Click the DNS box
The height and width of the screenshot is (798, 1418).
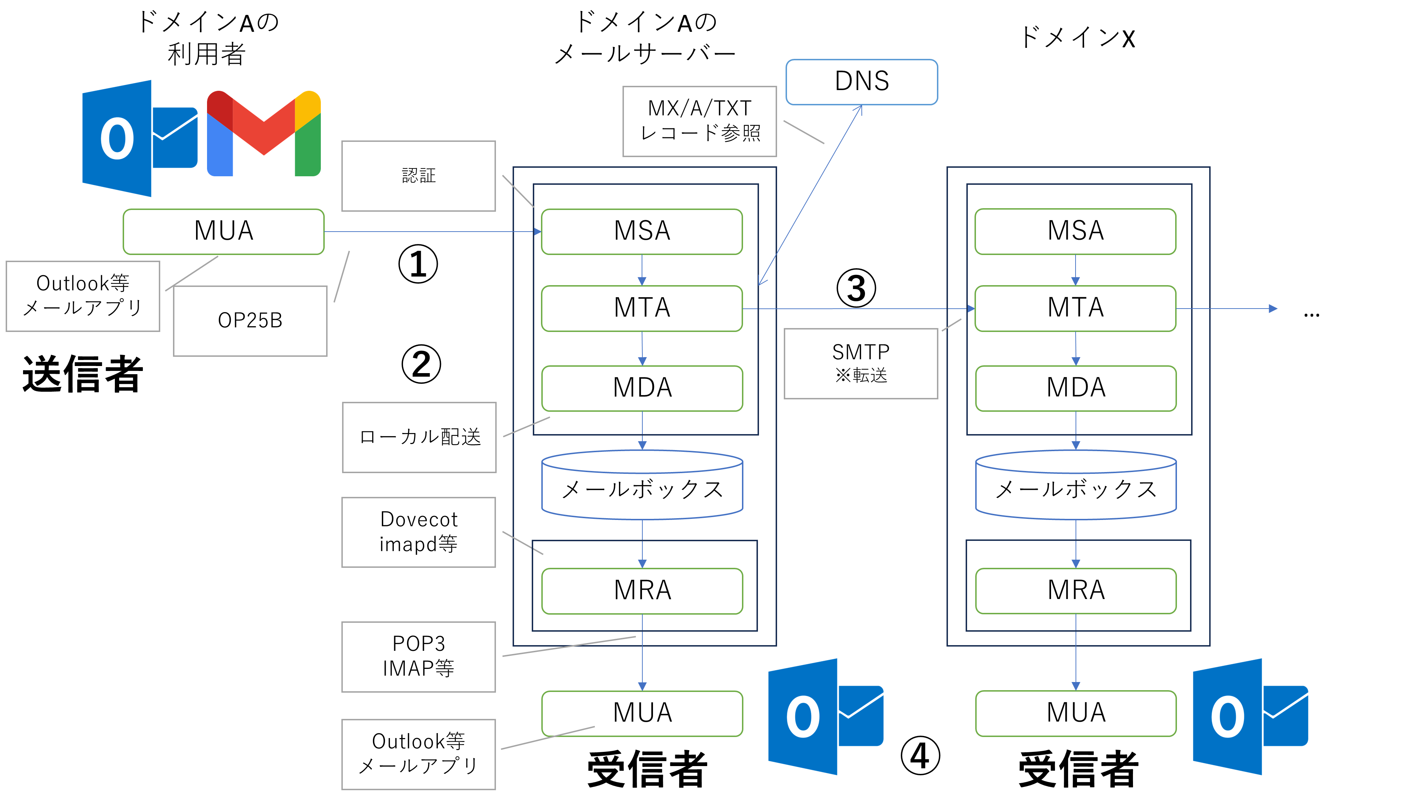click(x=861, y=82)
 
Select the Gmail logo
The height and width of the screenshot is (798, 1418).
click(x=264, y=134)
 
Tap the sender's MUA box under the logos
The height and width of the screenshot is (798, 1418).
click(x=223, y=231)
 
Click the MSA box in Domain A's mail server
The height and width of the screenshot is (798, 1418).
click(x=642, y=231)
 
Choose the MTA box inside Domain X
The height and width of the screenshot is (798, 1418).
click(x=1075, y=308)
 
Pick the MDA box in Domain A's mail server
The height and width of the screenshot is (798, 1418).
click(x=642, y=388)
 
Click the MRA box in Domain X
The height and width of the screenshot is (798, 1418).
click(x=1076, y=591)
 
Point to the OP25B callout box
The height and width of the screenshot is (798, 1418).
click(x=250, y=321)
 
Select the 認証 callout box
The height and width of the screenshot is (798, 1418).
click(x=418, y=176)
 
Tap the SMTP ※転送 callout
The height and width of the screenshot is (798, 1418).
click(x=860, y=364)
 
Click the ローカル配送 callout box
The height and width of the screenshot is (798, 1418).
click(x=419, y=437)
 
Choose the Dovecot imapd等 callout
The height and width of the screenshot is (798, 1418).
click(x=418, y=532)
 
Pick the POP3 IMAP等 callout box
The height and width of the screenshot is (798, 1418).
click(x=418, y=656)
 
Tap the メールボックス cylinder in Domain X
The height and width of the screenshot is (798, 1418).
click(x=1076, y=487)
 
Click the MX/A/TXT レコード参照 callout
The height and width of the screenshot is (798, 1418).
click(x=699, y=121)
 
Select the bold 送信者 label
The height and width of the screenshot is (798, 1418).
click(x=83, y=375)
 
